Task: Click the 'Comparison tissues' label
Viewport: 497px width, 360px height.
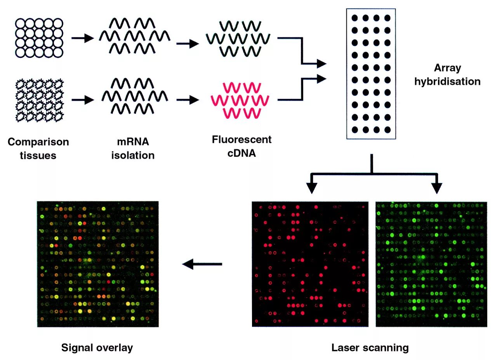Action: pyautogui.click(x=38, y=148)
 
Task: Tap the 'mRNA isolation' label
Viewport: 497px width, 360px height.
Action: pyautogui.click(x=133, y=148)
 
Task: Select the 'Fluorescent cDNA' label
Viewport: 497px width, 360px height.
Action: pyautogui.click(x=242, y=146)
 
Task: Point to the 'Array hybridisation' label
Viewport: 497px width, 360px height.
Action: pyautogui.click(x=447, y=75)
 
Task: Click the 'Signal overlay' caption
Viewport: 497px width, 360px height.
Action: pyautogui.click(x=97, y=348)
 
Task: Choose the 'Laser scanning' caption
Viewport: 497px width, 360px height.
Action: pyautogui.click(x=370, y=347)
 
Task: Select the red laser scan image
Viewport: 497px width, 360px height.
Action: pyautogui.click(x=310, y=264)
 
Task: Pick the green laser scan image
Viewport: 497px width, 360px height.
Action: pyautogui.click(x=431, y=264)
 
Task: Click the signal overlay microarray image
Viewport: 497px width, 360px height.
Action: pyautogui.click(x=97, y=264)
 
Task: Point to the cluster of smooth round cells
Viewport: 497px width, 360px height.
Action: pyautogui.click(x=39, y=38)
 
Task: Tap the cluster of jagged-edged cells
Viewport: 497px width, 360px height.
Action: pyautogui.click(x=39, y=100)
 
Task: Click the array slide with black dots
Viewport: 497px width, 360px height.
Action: pyautogui.click(x=370, y=73)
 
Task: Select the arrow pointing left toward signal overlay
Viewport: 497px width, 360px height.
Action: pyautogui.click(x=202, y=264)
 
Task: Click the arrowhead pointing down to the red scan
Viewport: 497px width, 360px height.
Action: pyautogui.click(x=311, y=188)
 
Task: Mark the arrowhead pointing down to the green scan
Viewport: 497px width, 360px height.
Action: pyautogui.click(x=437, y=188)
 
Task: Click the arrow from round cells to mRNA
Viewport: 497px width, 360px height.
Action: pyautogui.click(x=83, y=38)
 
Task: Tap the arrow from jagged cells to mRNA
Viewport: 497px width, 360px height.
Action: pyautogui.click(x=83, y=100)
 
